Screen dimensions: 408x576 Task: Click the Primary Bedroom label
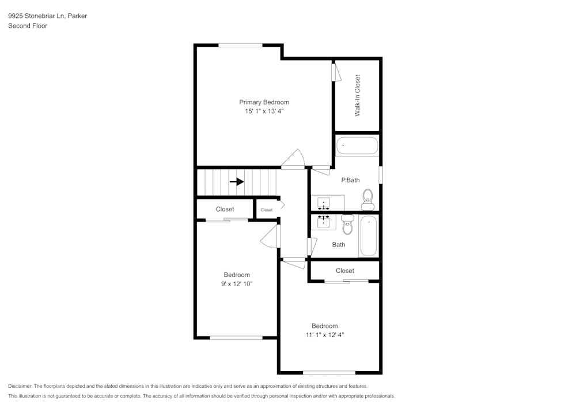pyautogui.click(x=264, y=102)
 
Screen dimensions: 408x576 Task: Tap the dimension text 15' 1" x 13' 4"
pyautogui.click(x=264, y=111)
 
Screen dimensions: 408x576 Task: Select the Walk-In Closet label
pyautogui.click(x=357, y=95)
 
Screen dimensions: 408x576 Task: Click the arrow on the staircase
pyautogui.click(x=237, y=181)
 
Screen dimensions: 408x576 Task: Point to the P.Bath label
pyautogui.click(x=350, y=180)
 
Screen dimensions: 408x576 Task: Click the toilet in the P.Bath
pyautogui.click(x=367, y=200)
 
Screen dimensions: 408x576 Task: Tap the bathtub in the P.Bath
pyautogui.click(x=357, y=145)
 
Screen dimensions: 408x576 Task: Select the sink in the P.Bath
pyautogui.click(x=324, y=203)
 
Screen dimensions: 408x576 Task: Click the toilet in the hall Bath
pyautogui.click(x=347, y=224)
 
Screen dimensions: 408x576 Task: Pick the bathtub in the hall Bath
pyautogui.click(x=369, y=236)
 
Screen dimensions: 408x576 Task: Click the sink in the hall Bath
pyautogui.click(x=324, y=221)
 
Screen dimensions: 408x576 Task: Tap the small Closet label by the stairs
pyautogui.click(x=266, y=210)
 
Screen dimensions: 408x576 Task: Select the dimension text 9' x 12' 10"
pyautogui.click(x=237, y=284)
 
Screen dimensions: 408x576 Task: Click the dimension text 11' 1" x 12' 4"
pyautogui.click(x=325, y=335)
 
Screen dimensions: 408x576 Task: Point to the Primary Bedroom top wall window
pyautogui.click(x=240, y=45)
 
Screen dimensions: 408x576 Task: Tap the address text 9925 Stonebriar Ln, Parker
pyautogui.click(x=47, y=16)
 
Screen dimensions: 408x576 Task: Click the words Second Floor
pyautogui.click(x=28, y=26)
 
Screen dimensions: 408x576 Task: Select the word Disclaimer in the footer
pyautogui.click(x=20, y=386)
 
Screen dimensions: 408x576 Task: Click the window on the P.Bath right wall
pyautogui.click(x=380, y=174)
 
